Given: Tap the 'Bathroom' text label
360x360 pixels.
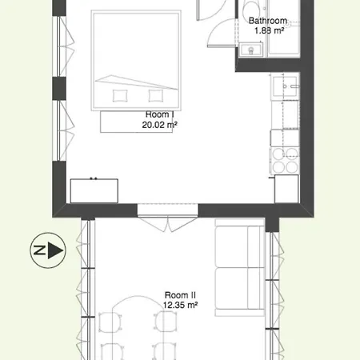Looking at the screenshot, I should (x=267, y=22).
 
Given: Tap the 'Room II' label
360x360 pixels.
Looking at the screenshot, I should (x=181, y=295).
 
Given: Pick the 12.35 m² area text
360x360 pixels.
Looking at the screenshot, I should (x=181, y=305).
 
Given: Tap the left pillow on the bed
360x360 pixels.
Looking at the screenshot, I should (x=120, y=95).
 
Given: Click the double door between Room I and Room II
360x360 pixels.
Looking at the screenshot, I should (x=166, y=210).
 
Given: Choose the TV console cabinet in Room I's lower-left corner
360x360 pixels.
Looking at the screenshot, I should (x=95, y=190).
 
